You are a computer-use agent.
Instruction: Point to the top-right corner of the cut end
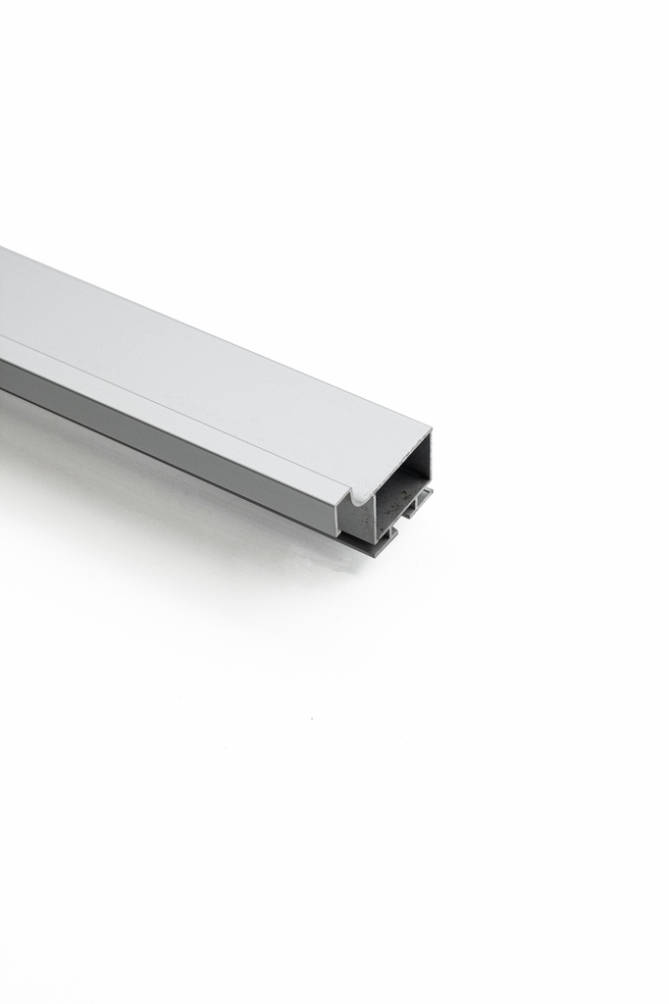(430, 429)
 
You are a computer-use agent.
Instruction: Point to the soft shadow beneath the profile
(196, 510)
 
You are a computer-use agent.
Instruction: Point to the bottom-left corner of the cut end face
(340, 535)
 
